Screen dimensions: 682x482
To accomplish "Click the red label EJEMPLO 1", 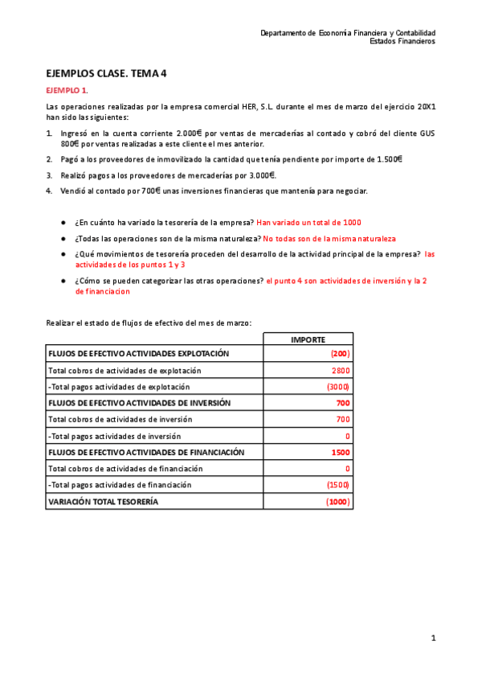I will pos(67,90).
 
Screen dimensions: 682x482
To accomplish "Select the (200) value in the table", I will pos(341,354).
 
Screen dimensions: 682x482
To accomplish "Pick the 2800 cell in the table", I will pos(341,371).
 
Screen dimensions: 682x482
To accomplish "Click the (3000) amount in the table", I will pos(338,387).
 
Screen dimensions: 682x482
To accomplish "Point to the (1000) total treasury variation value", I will pos(338,501).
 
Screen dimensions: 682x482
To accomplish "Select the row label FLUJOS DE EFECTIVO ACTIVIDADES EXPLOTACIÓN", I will pos(139,354).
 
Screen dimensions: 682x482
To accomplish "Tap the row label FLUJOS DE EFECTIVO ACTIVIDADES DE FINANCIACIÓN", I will pos(145,452).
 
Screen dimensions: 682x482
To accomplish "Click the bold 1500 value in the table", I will pos(341,452).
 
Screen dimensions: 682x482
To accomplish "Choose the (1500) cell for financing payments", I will pos(338,485).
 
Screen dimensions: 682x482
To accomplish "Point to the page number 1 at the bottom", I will pos(433,639).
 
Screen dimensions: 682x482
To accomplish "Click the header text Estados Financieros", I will pos(402,42).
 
